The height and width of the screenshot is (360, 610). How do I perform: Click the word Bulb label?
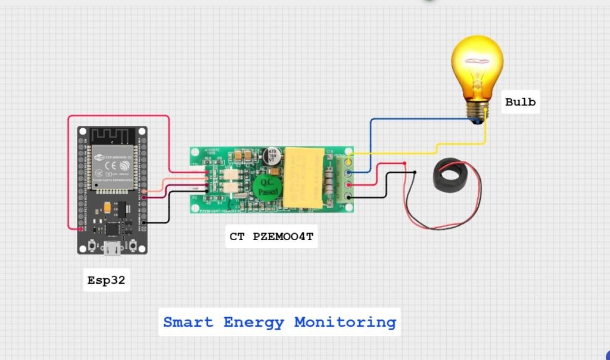[520, 102]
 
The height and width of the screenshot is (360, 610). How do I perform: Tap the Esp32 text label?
[107, 280]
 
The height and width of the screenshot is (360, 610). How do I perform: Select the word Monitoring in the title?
[345, 322]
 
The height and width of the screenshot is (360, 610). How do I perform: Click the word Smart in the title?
[188, 322]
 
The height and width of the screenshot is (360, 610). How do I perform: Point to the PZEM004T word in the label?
[283, 237]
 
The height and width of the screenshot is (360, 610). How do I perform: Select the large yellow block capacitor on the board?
[304, 177]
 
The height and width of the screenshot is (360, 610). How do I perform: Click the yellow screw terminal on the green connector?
[348, 162]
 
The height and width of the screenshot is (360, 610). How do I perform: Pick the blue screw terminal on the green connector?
[348, 173]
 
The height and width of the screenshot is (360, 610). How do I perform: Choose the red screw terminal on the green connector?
[348, 185]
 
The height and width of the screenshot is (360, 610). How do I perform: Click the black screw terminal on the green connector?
[348, 197]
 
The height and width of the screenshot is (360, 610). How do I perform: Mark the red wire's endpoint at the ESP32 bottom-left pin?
[81, 228]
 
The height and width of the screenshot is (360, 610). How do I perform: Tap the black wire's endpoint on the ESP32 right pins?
[144, 222]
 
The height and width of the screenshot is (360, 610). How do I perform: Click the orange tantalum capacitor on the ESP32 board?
[107, 207]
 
